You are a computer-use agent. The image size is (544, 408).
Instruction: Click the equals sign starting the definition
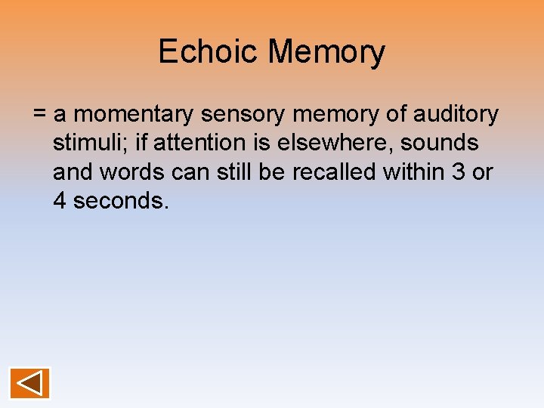click(x=40, y=115)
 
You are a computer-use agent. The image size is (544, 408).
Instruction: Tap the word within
click(x=414, y=172)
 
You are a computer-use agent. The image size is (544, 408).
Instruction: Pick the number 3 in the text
click(x=458, y=172)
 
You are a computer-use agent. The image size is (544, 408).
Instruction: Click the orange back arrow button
click(x=30, y=383)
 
